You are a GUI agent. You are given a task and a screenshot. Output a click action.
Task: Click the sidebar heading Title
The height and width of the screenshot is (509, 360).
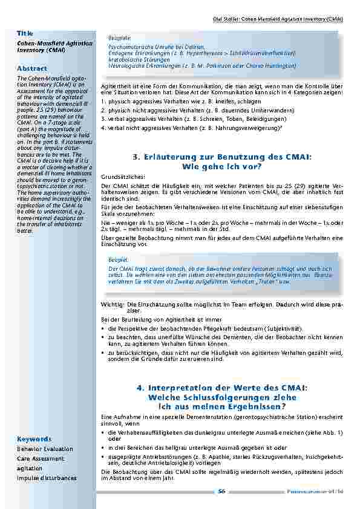pyautogui.click(x=25, y=33)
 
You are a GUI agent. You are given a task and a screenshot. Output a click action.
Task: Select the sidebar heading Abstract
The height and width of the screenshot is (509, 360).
pyautogui.click(x=32, y=68)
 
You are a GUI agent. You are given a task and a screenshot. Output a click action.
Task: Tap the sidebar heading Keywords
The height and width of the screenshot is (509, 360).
pyautogui.click(x=34, y=438)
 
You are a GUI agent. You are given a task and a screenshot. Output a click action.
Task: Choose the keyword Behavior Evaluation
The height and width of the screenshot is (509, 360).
pyautogui.click(x=45, y=449)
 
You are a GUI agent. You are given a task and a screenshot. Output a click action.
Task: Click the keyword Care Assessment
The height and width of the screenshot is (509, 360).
pyautogui.click(x=40, y=459)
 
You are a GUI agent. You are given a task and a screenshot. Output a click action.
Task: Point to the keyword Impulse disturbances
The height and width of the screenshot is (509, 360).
pyautogui.click(x=47, y=478)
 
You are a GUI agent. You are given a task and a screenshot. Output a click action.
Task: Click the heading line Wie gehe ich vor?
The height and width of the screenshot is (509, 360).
pyautogui.click(x=221, y=166)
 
